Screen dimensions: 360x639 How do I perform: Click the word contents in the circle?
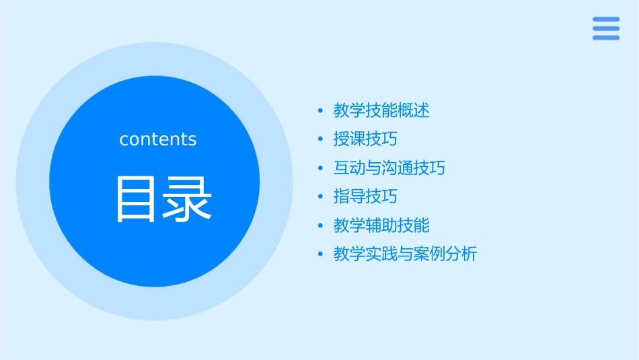158,139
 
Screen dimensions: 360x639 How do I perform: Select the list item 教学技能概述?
381,110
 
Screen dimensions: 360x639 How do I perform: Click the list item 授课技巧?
365,139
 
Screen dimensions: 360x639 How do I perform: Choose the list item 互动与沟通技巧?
389,168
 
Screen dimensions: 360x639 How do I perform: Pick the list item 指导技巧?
365,196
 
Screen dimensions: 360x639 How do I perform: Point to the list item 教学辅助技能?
381,225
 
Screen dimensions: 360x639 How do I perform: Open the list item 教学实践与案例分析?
405,254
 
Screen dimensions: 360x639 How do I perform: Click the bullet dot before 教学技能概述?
321,110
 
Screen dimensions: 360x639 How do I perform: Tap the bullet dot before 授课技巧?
321,139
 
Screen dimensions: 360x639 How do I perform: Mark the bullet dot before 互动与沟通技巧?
321,168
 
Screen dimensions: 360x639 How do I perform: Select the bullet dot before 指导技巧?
321,196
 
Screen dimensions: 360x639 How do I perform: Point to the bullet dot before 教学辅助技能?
321,225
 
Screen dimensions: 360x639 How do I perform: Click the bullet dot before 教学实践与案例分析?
321,254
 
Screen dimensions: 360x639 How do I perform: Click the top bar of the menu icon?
606,20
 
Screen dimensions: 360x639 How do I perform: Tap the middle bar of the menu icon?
606,28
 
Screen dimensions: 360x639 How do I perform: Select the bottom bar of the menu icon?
606,38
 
